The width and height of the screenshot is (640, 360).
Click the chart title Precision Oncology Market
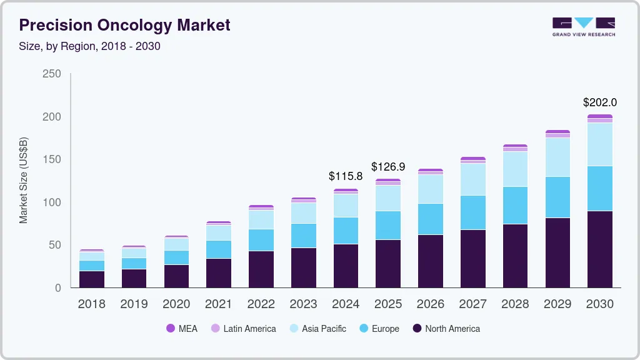124,25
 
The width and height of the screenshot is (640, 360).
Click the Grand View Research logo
583,26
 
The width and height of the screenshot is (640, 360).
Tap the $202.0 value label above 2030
599,102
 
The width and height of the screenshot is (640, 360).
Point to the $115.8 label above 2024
346,176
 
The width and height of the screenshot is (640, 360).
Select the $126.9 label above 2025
388,167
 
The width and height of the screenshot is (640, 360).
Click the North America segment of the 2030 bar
599,249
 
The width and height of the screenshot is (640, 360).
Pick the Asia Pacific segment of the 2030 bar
599,144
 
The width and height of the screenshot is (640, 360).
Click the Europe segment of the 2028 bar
515,205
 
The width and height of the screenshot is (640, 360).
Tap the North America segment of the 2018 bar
91,279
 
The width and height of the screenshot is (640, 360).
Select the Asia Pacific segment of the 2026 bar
430,189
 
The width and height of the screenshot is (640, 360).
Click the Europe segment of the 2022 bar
261,240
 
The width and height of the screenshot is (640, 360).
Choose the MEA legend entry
181,329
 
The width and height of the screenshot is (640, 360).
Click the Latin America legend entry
243,329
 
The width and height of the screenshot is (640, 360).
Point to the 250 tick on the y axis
52,74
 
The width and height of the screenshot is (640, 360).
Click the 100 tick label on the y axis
52,202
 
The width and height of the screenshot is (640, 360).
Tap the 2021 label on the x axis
218,304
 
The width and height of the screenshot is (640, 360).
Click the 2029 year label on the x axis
557,304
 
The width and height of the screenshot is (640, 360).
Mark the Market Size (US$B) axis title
24,180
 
